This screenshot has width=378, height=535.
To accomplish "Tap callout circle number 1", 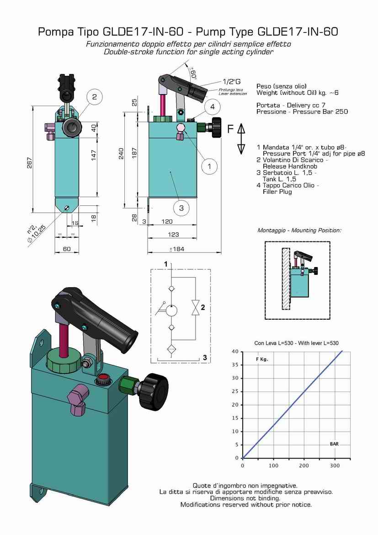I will click(209, 166).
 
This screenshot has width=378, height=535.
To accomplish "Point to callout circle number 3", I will click(181, 208).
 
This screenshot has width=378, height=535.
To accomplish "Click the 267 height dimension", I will click(29, 162).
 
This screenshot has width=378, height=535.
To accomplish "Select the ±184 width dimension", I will click(176, 249).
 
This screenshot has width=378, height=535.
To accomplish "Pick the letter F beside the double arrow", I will click(231, 129).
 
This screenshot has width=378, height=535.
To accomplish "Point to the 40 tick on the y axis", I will click(235, 351).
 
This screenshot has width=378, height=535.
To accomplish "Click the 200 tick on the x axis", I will click(304, 465).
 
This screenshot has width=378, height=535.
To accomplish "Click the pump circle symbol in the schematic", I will click(172, 311).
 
